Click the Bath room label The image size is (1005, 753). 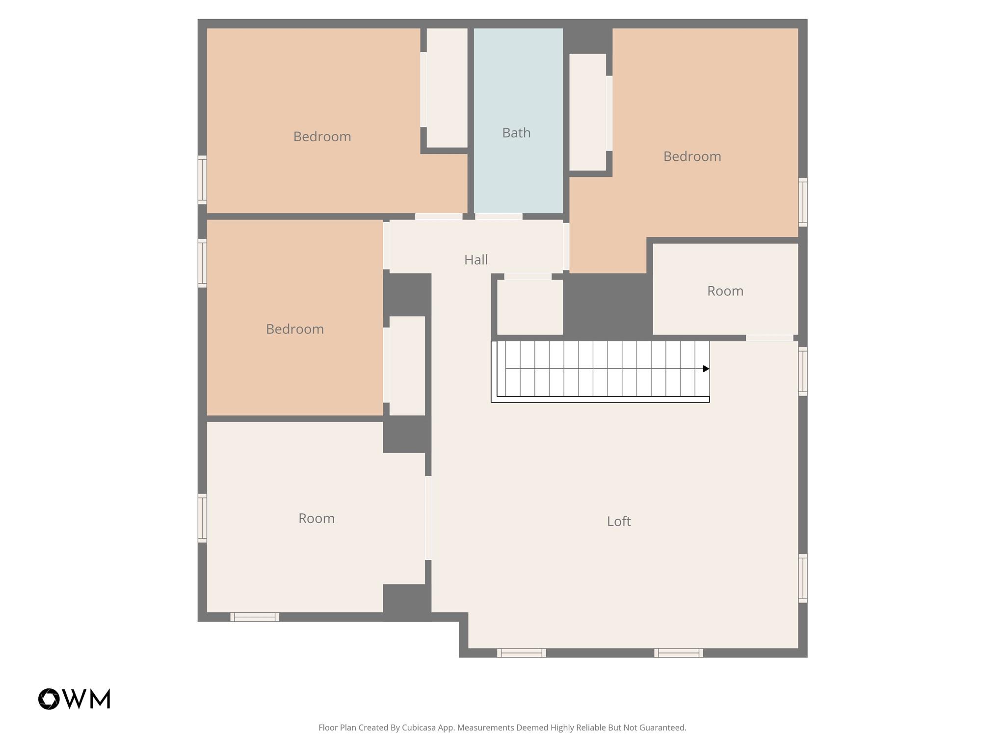516,133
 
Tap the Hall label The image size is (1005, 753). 476,260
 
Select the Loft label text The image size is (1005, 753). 619,521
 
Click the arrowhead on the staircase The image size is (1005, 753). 706,369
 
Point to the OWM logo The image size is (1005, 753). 74,699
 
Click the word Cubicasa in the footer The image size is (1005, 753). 419,728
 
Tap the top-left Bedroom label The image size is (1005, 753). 322,137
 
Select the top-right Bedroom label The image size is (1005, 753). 692,156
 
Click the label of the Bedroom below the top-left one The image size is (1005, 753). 295,329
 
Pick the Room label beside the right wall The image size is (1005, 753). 725,291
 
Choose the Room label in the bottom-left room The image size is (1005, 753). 317,518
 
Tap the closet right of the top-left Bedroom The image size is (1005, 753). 447,88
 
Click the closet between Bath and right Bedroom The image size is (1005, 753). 587,112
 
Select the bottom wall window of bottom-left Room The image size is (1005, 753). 255,617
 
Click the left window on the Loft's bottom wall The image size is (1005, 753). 521,653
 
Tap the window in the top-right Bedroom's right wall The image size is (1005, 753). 803,202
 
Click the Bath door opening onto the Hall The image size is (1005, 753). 499,217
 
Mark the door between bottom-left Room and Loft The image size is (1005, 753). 428,518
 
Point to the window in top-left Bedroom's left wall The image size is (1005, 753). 202,179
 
